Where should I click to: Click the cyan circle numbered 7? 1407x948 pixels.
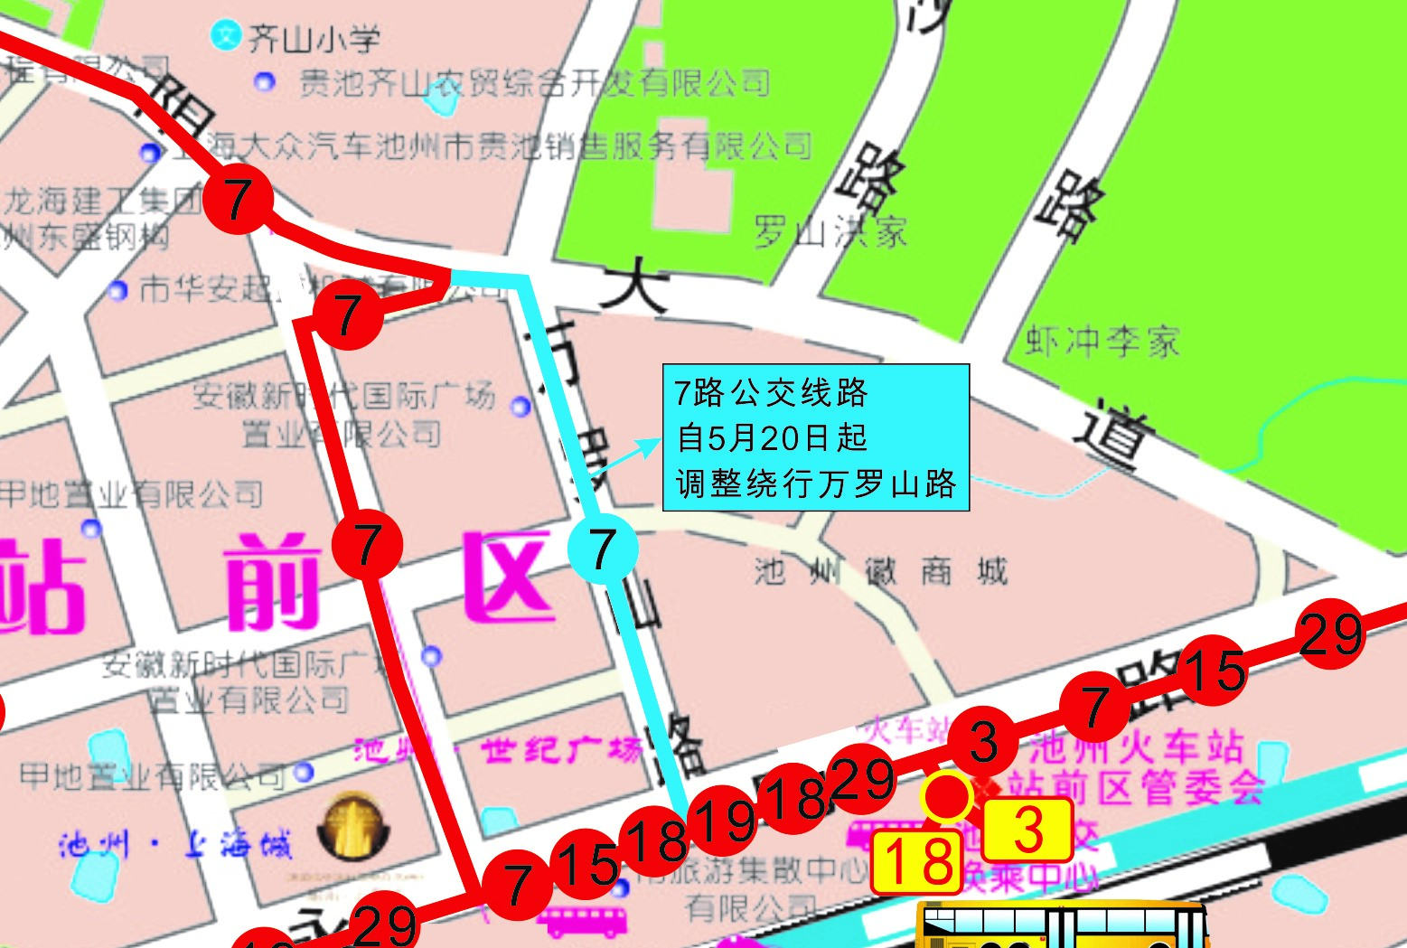(603, 549)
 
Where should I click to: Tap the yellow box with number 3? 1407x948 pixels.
(1027, 830)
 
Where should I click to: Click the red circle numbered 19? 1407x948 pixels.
(723, 821)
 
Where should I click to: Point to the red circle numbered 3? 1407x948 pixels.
(983, 742)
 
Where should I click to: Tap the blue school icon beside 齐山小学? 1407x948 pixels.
(225, 35)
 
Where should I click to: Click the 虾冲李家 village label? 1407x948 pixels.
(1103, 342)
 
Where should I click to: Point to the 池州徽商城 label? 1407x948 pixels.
(881, 571)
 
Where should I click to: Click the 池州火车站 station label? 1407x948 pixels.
(1138, 746)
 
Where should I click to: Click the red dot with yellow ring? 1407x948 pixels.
(945, 797)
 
